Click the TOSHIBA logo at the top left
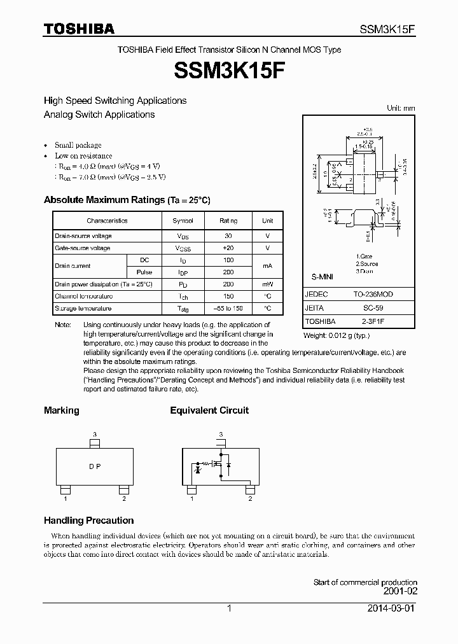[79, 29]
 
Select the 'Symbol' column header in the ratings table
[183, 220]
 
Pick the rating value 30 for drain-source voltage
[228, 236]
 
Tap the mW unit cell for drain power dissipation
[267, 284]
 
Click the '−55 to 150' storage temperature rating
[228, 309]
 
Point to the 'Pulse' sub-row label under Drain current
[144, 272]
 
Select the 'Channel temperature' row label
[84, 297]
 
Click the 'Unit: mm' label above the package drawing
[401, 108]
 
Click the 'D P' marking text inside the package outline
[95, 466]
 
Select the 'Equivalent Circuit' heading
[209, 410]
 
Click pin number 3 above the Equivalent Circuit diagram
[221, 435]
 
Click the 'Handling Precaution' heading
[88, 521]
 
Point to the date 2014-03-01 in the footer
[392, 608]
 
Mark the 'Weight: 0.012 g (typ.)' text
[336, 335]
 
